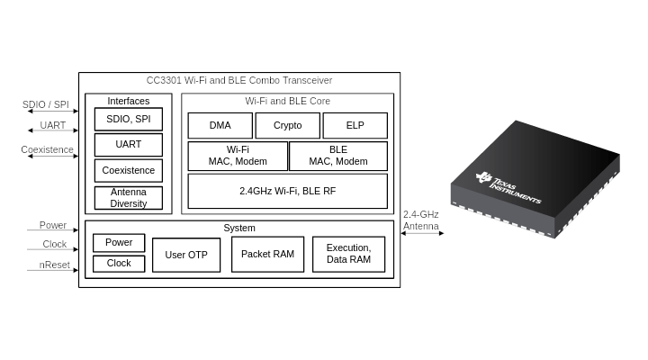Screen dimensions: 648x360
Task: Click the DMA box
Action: click(x=220, y=126)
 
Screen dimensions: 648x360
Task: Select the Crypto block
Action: click(x=288, y=126)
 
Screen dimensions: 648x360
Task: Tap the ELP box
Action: click(x=355, y=126)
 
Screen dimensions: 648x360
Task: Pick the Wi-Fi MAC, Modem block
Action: click(x=238, y=156)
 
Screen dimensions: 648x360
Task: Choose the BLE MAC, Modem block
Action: click(x=338, y=156)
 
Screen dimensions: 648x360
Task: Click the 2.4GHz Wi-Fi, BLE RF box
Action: click(x=288, y=191)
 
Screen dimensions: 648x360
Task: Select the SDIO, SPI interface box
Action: click(x=129, y=119)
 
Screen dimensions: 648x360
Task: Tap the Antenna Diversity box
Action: click(x=129, y=198)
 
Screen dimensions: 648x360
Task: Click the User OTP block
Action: click(x=186, y=255)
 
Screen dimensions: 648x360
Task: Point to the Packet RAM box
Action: click(x=268, y=254)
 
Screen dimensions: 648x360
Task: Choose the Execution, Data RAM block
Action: click(x=349, y=254)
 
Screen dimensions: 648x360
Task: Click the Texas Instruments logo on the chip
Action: click(x=508, y=187)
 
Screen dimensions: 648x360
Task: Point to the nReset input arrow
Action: click(x=52, y=270)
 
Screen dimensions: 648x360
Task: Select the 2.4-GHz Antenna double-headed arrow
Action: click(x=422, y=233)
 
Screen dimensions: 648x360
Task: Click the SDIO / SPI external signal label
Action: click(x=46, y=104)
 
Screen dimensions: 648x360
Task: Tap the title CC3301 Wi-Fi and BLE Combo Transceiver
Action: click(x=239, y=80)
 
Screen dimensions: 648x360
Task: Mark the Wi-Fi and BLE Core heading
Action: click(x=288, y=101)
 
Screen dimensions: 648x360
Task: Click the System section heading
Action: click(x=239, y=228)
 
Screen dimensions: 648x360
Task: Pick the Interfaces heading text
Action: click(x=129, y=101)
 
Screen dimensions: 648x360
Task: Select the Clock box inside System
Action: click(x=119, y=264)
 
